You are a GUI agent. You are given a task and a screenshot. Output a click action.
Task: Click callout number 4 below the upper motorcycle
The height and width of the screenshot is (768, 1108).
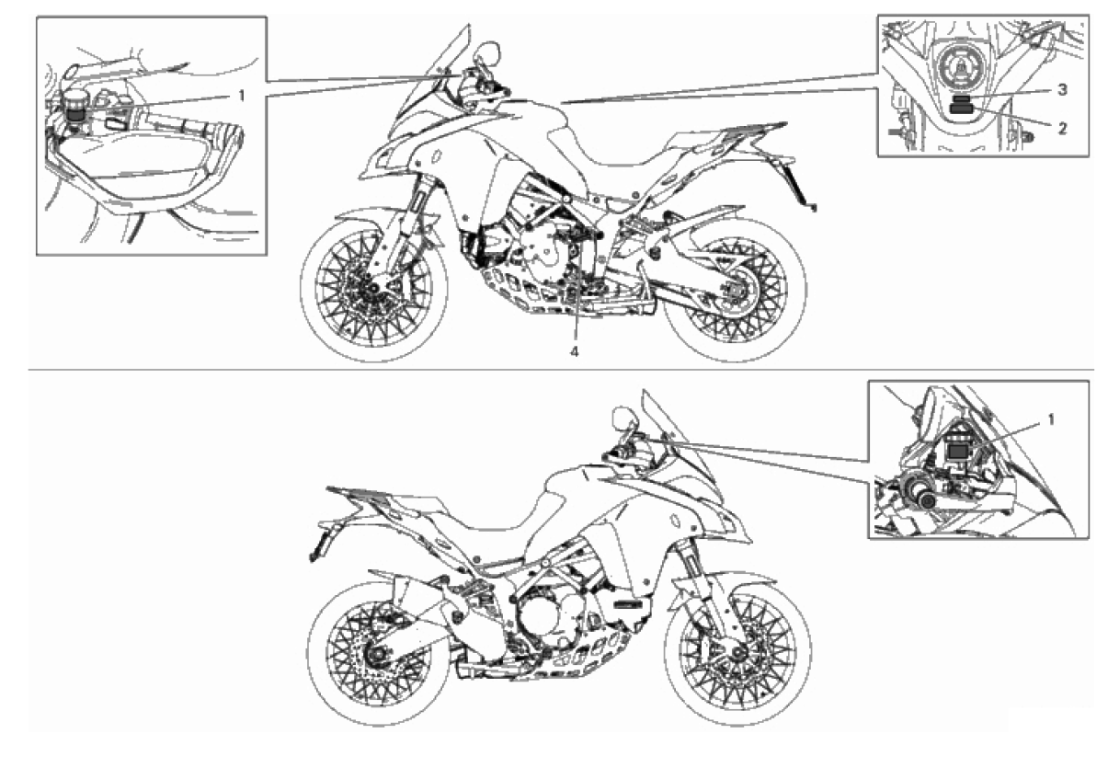coord(575,352)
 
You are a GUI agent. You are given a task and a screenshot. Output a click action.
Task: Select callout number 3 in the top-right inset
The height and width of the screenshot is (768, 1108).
coord(1062,90)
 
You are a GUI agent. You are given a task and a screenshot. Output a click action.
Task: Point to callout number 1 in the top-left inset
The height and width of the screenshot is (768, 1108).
coord(242,96)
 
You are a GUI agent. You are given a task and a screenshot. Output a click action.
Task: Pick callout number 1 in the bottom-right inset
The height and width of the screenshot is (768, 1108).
coord(1051,419)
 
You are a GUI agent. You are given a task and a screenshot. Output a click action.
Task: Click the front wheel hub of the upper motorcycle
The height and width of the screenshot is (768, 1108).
coord(372,289)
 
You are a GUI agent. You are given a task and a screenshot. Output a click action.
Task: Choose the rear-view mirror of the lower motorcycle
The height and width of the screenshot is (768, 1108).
coord(623,418)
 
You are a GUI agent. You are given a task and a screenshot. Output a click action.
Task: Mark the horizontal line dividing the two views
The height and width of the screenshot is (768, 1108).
coord(561,370)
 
